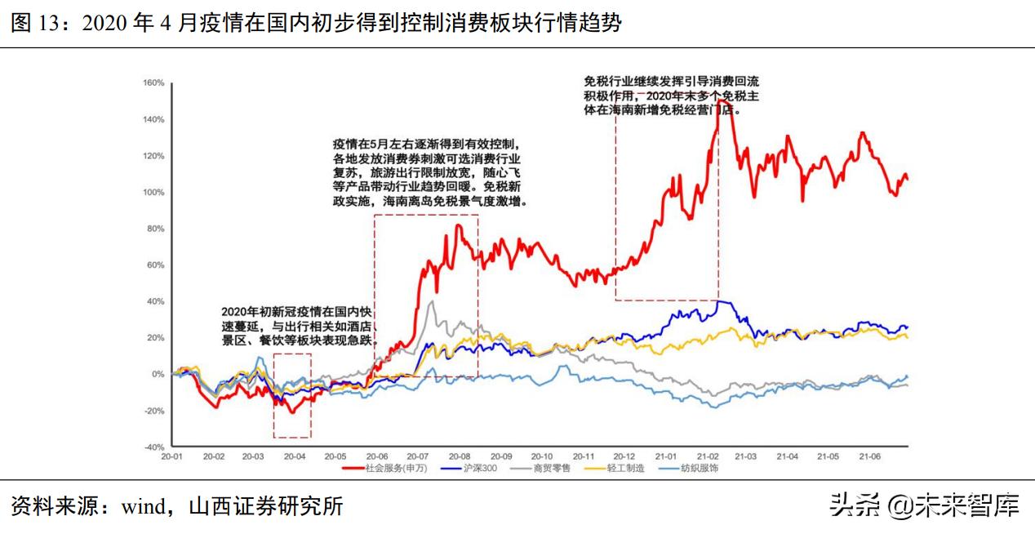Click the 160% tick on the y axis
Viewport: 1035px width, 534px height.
[x=154, y=82]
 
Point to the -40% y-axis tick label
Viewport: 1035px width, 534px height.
[x=154, y=447]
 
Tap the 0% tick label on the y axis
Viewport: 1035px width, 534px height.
[x=158, y=374]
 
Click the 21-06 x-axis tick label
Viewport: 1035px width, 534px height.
[x=868, y=456]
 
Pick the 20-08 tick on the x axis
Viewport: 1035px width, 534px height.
[x=460, y=456]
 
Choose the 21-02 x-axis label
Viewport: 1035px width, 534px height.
[x=708, y=456]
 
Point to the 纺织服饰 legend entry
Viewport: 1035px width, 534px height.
[x=701, y=469]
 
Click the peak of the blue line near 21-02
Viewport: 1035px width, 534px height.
[x=718, y=301]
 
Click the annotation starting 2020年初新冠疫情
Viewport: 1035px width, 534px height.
[x=300, y=327]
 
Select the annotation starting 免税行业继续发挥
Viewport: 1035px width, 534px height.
[x=672, y=95]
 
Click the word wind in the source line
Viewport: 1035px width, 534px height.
[x=143, y=506]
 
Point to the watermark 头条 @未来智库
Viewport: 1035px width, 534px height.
[x=924, y=506]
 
